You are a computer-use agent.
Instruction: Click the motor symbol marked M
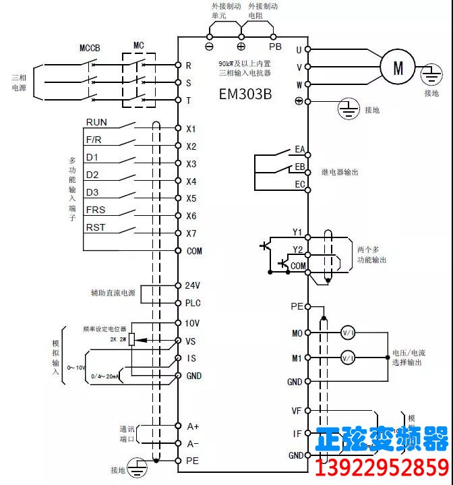[398, 67]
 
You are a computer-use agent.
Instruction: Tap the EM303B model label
[245, 94]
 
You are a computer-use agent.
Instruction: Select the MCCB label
[90, 48]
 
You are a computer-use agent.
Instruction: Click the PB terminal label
[275, 47]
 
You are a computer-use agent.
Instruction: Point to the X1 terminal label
[191, 128]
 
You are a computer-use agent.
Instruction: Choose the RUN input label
[96, 123]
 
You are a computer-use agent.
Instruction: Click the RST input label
[95, 228]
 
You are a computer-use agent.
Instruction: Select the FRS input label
[95, 210]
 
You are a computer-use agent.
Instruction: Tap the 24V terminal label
[193, 285]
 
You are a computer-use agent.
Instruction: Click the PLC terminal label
[193, 303]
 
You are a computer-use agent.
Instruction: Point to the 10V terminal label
[193, 323]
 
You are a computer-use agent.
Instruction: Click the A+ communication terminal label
[193, 426]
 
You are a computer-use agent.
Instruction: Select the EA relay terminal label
[300, 149]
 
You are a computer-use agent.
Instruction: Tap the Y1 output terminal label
[297, 232]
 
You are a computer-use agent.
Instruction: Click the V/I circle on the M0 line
[348, 333]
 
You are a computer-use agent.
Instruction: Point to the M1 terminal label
[297, 358]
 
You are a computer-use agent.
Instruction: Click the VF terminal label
[296, 410]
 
